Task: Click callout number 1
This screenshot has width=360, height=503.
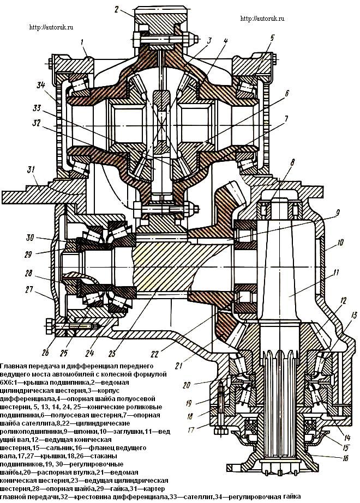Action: pos(82,41)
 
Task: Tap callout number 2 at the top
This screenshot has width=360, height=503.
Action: pos(117,8)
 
